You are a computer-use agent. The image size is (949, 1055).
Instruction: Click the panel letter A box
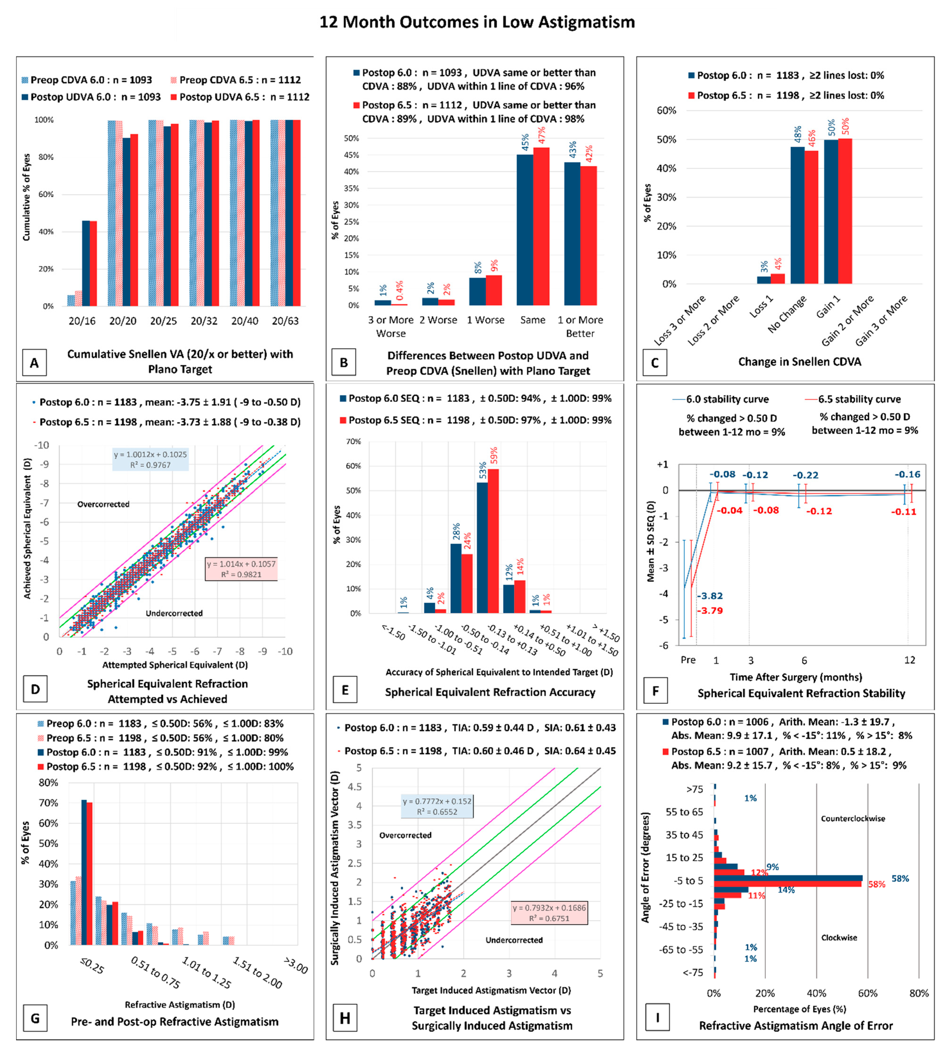point(34,363)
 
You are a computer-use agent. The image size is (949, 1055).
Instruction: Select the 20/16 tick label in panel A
point(82,321)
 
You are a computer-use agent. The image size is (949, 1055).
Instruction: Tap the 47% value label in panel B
point(542,135)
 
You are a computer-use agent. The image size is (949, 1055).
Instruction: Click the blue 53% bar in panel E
point(482,547)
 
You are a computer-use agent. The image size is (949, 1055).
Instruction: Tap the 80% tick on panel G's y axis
point(49,782)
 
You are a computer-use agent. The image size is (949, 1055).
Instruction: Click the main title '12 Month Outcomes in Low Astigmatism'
point(477,22)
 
